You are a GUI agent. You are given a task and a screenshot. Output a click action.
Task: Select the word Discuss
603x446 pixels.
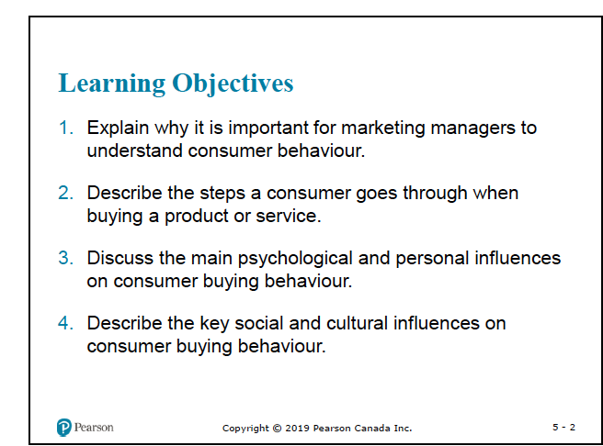point(120,259)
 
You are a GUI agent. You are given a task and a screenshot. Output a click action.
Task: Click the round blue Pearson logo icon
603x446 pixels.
point(63,428)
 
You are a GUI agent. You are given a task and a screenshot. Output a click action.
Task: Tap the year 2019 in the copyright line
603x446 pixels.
point(295,429)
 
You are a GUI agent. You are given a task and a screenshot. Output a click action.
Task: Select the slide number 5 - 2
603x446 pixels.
point(564,428)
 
